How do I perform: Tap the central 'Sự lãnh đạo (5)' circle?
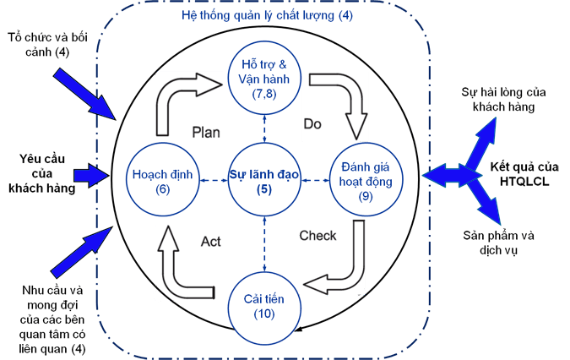pyautogui.click(x=263, y=179)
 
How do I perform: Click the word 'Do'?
pyautogui.click(x=312, y=124)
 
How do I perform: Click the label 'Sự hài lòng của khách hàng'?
pyautogui.click(x=497, y=98)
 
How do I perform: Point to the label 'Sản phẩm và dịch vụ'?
pyautogui.click(x=497, y=243)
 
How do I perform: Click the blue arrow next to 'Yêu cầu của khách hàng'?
pyautogui.click(x=90, y=175)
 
